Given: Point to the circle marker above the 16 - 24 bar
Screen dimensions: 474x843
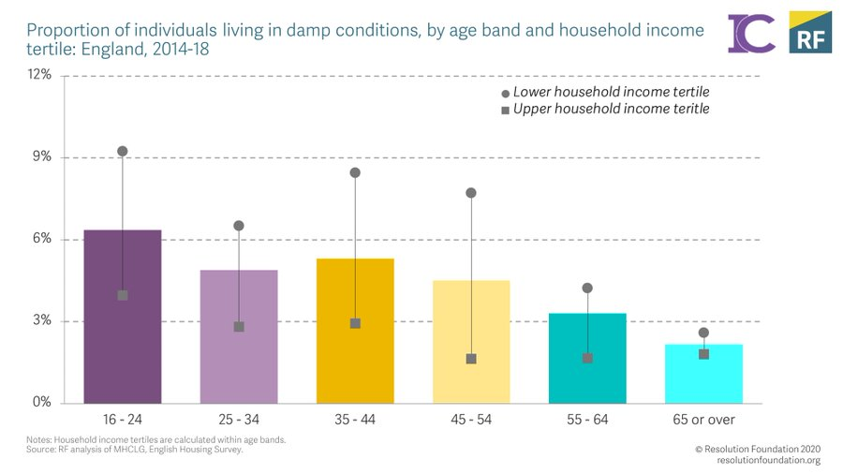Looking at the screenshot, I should pyautogui.click(x=122, y=151).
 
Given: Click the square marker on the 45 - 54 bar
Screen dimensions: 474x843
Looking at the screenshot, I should pyautogui.click(x=471, y=359).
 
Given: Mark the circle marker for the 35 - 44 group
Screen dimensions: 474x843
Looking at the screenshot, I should pyautogui.click(x=355, y=172).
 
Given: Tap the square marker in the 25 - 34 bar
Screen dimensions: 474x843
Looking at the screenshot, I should pyautogui.click(x=239, y=327).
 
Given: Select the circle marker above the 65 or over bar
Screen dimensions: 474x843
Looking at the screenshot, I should pyautogui.click(x=703, y=333).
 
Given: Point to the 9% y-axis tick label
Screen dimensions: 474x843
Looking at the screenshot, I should pyautogui.click(x=42, y=157).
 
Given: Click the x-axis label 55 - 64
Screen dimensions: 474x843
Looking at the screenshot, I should pyautogui.click(x=587, y=420).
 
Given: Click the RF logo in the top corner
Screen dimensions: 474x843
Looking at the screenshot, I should pyautogui.click(x=809, y=32).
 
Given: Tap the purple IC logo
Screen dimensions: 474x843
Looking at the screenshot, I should pyautogui.click(x=751, y=33).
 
